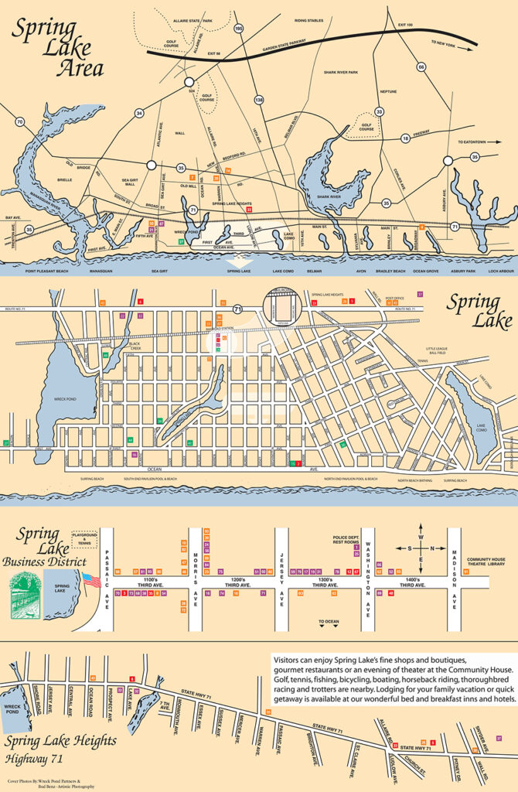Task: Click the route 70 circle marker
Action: tap(19, 121)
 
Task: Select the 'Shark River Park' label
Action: tap(341, 71)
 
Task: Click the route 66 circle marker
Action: tap(421, 67)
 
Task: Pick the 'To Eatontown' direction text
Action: tap(475, 142)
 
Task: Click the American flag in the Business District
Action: tap(91, 580)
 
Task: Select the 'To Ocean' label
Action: tap(329, 621)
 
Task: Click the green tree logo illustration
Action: tap(25, 596)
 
